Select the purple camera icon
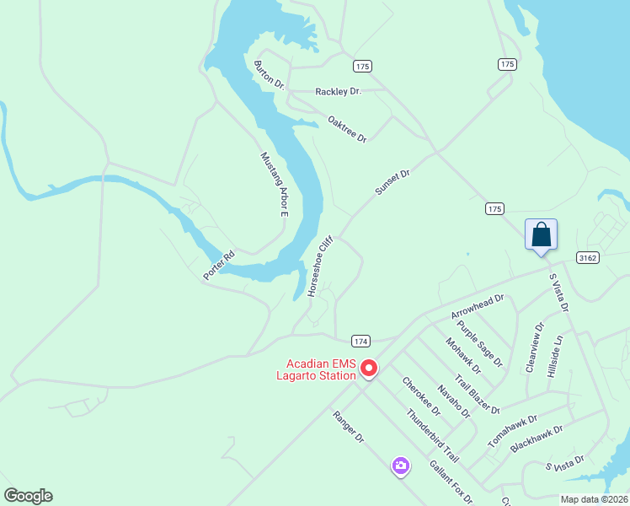coord(400,466)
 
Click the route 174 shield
coord(360,341)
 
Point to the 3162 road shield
coord(589,257)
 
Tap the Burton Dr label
coord(270,75)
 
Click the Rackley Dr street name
coord(338,91)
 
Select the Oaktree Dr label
coord(348,129)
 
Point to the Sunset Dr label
coord(392,182)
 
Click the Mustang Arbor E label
coord(274,185)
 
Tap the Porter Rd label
coord(218,265)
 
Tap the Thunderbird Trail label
coord(432,435)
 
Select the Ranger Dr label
coord(348,428)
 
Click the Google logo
coord(28,496)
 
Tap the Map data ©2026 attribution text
coord(594,499)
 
